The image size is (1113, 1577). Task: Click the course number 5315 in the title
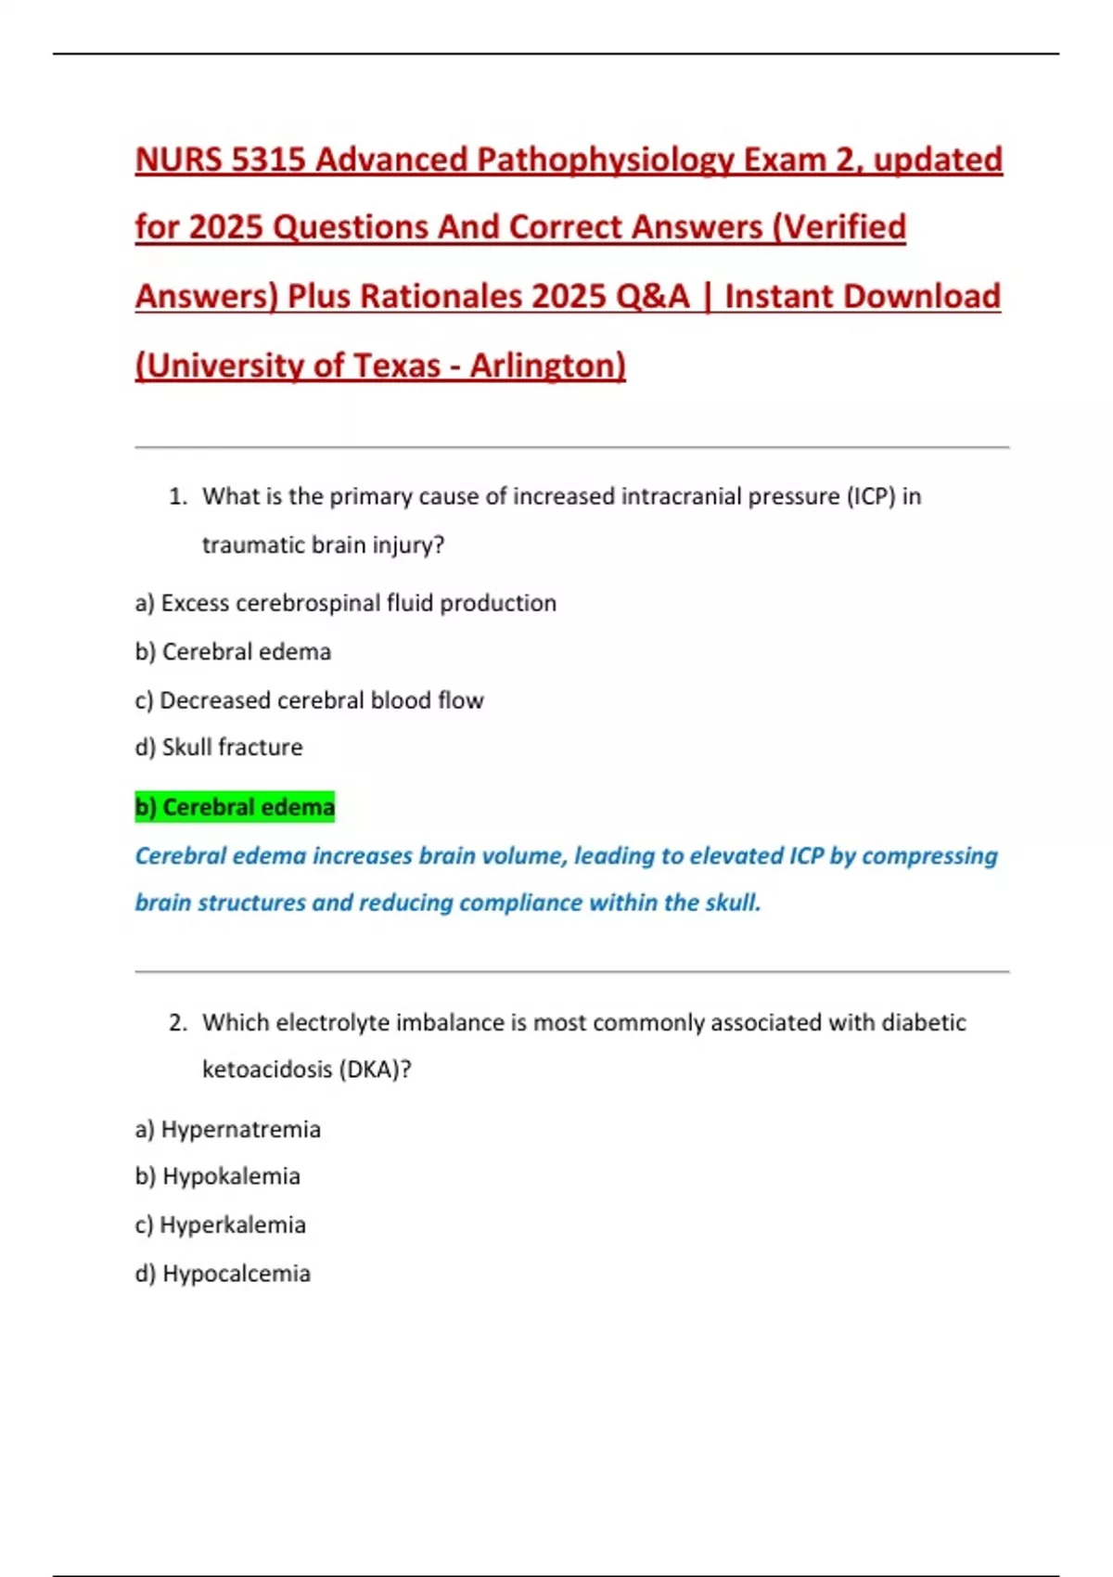tap(268, 160)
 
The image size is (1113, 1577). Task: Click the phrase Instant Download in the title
tap(862, 297)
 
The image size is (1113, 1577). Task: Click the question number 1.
tap(177, 497)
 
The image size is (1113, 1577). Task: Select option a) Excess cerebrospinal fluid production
tap(345, 603)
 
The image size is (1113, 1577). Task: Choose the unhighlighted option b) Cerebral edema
tap(233, 652)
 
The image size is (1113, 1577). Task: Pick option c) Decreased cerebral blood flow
tap(309, 700)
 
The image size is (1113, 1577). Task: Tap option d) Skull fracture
tap(219, 748)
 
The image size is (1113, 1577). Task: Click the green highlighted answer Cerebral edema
tap(235, 808)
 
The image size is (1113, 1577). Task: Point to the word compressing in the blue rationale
tap(929, 856)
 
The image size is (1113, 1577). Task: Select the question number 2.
tap(178, 1023)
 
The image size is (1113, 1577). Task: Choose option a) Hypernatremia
tap(227, 1130)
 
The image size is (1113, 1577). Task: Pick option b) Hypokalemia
tap(218, 1177)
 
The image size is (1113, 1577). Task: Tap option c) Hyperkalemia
tap(220, 1225)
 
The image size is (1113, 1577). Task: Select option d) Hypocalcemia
tap(223, 1274)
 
